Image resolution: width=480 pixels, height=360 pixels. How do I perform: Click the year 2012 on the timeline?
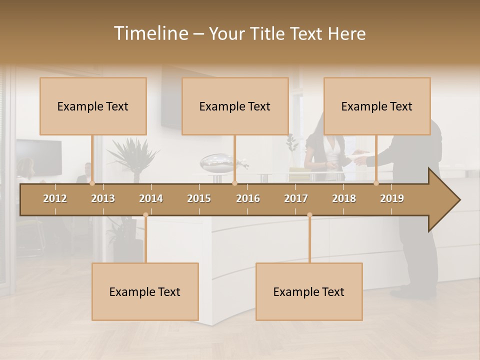tap(55, 198)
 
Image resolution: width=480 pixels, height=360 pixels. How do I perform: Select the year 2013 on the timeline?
tap(103, 198)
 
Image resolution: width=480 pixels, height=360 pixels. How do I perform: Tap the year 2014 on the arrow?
tap(151, 198)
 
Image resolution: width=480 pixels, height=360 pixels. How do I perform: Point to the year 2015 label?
tap(199, 198)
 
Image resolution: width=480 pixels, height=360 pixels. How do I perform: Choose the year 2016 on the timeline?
tap(248, 198)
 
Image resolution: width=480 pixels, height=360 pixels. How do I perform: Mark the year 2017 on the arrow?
tap(296, 198)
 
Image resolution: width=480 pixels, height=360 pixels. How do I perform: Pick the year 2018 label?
tap(344, 198)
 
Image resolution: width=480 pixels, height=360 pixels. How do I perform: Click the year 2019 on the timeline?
tap(392, 198)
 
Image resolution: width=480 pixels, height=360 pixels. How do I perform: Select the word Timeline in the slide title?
tap(150, 33)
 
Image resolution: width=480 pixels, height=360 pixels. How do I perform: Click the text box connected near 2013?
tap(93, 106)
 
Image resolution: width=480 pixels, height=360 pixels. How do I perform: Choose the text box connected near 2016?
tap(235, 106)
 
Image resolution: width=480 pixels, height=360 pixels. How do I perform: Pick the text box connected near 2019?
tap(377, 106)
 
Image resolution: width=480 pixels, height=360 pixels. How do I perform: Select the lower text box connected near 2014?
tap(145, 291)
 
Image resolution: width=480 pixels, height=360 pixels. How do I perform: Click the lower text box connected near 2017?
tap(309, 291)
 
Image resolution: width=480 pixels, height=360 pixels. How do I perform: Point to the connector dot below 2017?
tap(309, 215)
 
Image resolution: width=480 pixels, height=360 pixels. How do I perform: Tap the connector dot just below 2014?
tap(145, 215)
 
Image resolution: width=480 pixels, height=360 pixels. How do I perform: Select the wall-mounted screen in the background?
tap(39, 157)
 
